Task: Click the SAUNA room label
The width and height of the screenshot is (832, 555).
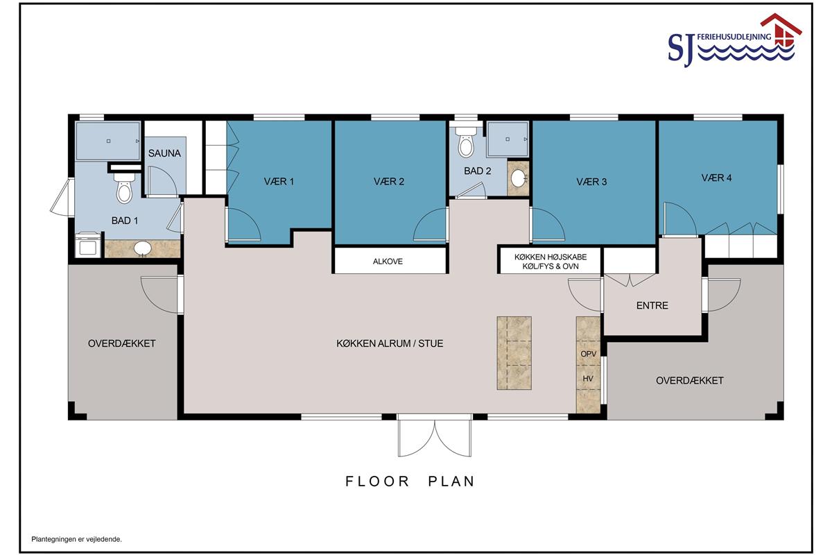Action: pos(164,153)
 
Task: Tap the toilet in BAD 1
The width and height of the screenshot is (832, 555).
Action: pos(124,188)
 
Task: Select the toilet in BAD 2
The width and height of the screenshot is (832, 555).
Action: pos(466,142)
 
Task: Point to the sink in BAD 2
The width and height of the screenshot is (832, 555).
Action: pos(518,178)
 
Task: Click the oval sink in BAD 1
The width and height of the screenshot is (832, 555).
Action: pos(142,248)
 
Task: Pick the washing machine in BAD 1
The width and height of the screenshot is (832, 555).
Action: pos(88,245)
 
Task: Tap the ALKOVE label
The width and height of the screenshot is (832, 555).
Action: pos(388,262)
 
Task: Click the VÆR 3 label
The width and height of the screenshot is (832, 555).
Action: pos(591,182)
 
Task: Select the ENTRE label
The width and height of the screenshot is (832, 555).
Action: pos(652,305)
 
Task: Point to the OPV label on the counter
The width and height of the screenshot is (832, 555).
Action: pos(589,354)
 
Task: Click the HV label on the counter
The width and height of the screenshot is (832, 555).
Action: pos(588,379)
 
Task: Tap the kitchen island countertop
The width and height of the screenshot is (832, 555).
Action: pos(514,353)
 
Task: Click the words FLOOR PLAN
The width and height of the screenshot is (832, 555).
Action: pos(410,481)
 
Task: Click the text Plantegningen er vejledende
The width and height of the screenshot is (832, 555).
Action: pos(76,539)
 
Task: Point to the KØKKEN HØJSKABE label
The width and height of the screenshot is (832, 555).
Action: pos(551,257)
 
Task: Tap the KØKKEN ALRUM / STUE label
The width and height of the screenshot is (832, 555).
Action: pos(390,343)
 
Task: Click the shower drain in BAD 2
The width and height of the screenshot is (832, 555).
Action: pos(508,139)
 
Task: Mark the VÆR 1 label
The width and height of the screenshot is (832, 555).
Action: pos(279,181)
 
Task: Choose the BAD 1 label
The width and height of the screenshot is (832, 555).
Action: pos(124,221)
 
